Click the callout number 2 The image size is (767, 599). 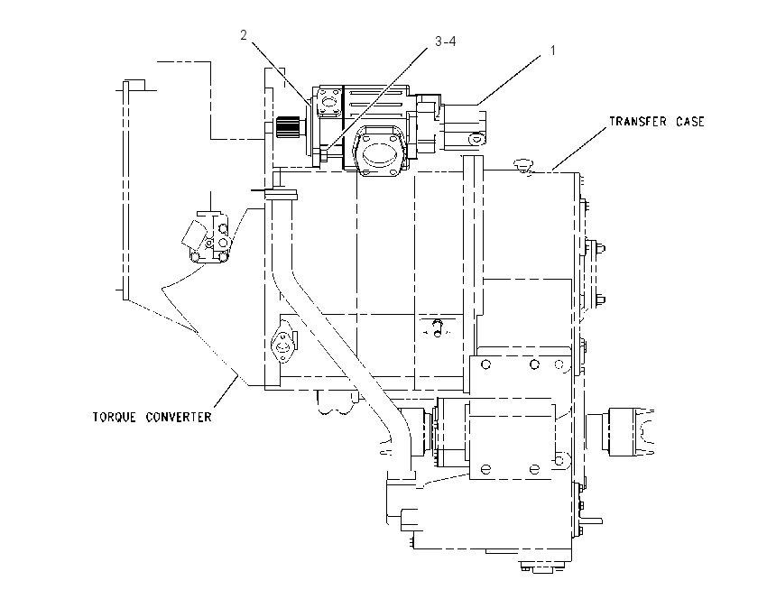click(x=244, y=35)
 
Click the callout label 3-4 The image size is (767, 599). click(x=445, y=41)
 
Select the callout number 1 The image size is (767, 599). click(x=553, y=51)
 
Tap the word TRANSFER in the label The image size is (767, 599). click(x=637, y=121)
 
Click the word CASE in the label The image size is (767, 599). click(x=689, y=121)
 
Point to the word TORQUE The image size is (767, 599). click(x=114, y=417)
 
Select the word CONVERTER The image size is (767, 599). click(x=179, y=417)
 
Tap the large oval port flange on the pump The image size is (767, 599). click(x=379, y=150)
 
